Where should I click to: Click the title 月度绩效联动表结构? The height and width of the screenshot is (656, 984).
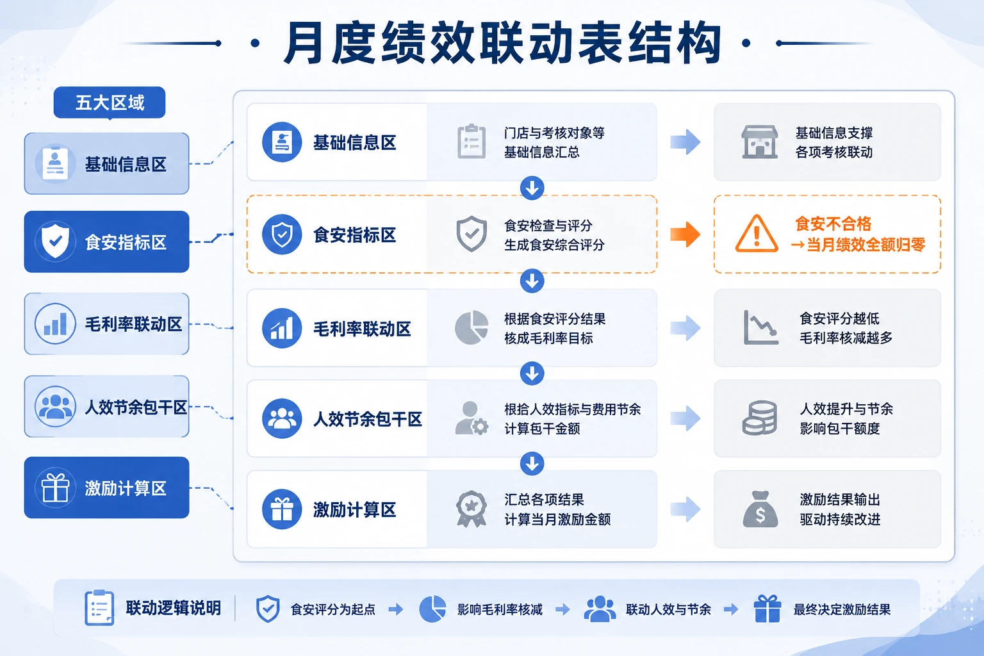pyautogui.click(x=502, y=43)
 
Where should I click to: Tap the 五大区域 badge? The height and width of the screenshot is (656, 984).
pyautogui.click(x=110, y=102)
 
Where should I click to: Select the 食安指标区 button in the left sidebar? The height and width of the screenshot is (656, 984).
pyautogui.click(x=107, y=242)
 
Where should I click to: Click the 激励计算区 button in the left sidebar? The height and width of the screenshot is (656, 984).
pyautogui.click(x=107, y=488)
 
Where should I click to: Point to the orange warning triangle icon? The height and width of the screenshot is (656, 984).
pyautogui.click(x=757, y=234)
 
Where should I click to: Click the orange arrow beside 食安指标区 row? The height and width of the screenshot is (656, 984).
pyautogui.click(x=685, y=234)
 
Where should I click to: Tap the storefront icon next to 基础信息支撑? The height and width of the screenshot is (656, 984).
pyautogui.click(x=760, y=142)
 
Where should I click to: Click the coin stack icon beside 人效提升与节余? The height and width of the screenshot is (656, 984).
pyautogui.click(x=760, y=418)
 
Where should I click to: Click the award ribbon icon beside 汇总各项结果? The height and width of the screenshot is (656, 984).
pyautogui.click(x=471, y=509)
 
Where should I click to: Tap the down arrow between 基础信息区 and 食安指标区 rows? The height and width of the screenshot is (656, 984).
pyautogui.click(x=532, y=188)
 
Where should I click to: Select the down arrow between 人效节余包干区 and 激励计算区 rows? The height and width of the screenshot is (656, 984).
pyautogui.click(x=532, y=463)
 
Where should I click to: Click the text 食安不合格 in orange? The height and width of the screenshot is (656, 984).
pyautogui.click(x=833, y=224)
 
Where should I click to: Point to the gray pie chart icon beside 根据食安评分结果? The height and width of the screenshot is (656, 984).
pyautogui.click(x=471, y=328)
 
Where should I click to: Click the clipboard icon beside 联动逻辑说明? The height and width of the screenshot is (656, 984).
pyautogui.click(x=99, y=608)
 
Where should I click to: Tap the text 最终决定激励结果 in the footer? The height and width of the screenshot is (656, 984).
pyautogui.click(x=842, y=609)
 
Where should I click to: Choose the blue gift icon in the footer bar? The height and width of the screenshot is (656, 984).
pyautogui.click(x=767, y=609)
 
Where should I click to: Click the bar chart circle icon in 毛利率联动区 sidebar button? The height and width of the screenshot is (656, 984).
pyautogui.click(x=55, y=324)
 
